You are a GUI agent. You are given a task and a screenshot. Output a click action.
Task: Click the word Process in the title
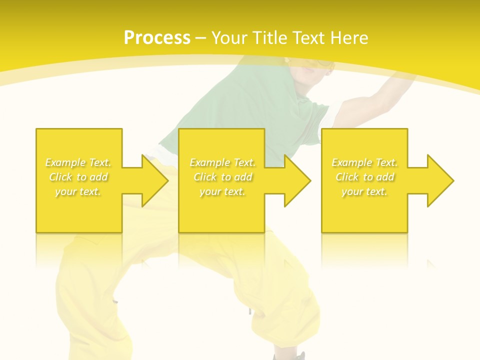pos(157,38)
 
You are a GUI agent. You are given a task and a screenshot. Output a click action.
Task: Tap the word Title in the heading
pos(270,38)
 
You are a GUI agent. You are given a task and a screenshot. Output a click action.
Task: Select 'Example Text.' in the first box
pos(78,162)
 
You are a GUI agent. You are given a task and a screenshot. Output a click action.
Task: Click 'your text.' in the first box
pos(78,191)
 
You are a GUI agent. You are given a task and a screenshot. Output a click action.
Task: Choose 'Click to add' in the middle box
pos(222,177)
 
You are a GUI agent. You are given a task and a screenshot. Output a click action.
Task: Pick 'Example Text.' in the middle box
pos(222,162)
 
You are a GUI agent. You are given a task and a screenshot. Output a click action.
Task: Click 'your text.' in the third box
pos(364,191)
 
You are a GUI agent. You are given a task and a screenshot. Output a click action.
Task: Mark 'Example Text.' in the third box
pos(364,162)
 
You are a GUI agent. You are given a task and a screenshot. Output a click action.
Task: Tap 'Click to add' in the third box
pos(364,177)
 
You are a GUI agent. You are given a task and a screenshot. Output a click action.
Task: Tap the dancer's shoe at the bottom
pos(295,356)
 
